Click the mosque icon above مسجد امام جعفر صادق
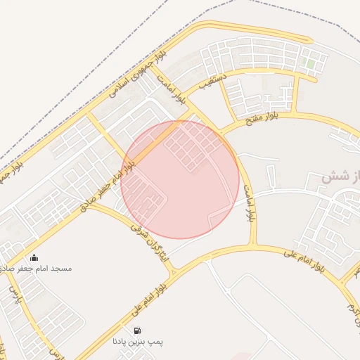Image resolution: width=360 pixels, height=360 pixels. pos(34,257)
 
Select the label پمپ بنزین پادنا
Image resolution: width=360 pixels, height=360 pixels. pos(137,342)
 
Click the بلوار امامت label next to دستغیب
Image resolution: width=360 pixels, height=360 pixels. pos(172,89)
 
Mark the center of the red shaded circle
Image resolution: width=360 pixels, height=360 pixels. pos(180,179)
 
